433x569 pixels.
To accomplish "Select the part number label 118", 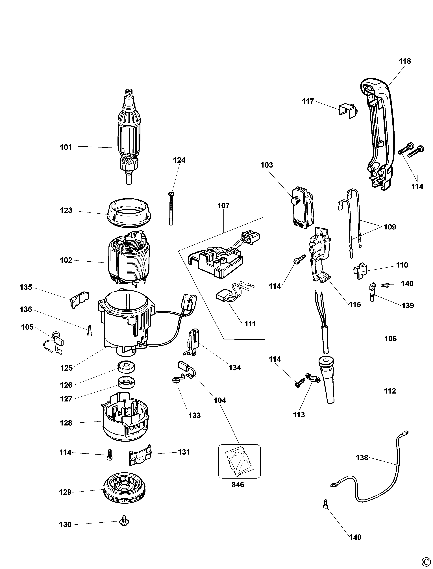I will pyautogui.click(x=405, y=61).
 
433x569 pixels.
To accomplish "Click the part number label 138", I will pyautogui.click(x=362, y=458).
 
